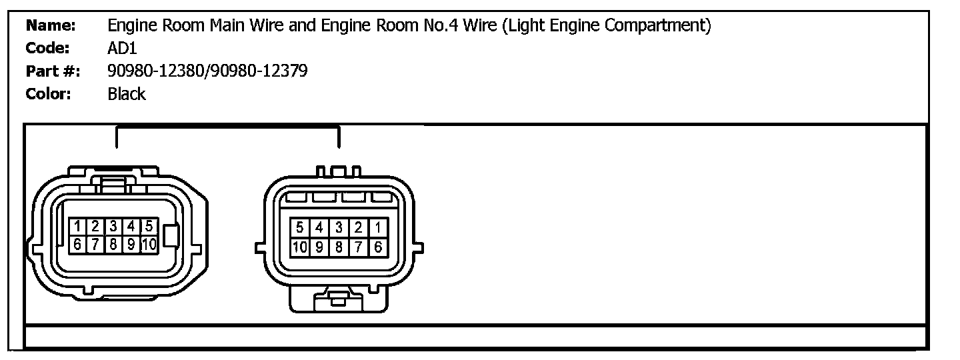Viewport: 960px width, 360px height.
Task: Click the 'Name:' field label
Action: [50, 27]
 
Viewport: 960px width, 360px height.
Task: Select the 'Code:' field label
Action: [48, 49]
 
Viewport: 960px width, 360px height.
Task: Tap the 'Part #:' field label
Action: [53, 71]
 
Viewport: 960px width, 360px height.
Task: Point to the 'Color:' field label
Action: [48, 94]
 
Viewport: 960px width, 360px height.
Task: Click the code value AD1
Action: [122, 49]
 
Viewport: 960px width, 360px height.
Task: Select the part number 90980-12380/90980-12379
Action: [207, 71]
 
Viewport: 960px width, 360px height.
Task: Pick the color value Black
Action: [127, 94]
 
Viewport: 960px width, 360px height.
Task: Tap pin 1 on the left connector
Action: [78, 227]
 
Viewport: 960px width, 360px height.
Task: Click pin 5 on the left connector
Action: [149, 227]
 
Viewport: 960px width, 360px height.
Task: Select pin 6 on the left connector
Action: [78, 244]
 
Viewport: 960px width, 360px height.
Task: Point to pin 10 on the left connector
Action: [149, 244]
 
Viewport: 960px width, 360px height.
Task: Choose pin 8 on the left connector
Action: [114, 244]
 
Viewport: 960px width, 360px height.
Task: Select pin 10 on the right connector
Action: [300, 247]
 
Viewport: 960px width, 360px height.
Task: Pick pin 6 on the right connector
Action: [378, 247]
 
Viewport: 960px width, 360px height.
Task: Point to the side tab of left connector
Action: [171, 236]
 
